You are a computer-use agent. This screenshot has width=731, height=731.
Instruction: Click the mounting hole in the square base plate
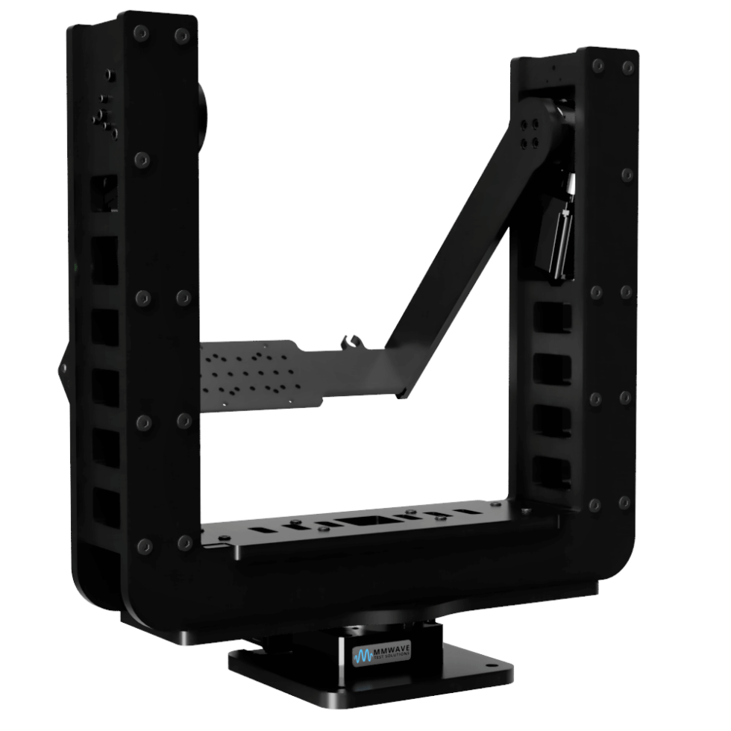(x=489, y=664)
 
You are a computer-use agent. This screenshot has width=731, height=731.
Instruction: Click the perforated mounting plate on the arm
(x=254, y=373)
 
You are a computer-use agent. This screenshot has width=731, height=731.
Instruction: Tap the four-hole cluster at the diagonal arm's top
(x=531, y=132)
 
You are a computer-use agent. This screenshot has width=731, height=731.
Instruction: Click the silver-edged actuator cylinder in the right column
(x=558, y=239)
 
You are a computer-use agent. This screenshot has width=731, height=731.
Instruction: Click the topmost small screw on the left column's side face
(x=110, y=75)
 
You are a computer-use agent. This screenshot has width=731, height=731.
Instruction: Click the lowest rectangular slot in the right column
(x=553, y=473)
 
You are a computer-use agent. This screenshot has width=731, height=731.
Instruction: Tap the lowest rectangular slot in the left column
(x=105, y=507)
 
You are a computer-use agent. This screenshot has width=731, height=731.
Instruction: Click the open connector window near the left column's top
(x=105, y=192)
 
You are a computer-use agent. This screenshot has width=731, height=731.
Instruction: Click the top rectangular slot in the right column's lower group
(x=553, y=318)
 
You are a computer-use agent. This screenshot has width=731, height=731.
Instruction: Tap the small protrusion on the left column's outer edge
(x=64, y=368)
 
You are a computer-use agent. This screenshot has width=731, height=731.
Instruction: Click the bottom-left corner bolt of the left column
(x=144, y=547)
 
